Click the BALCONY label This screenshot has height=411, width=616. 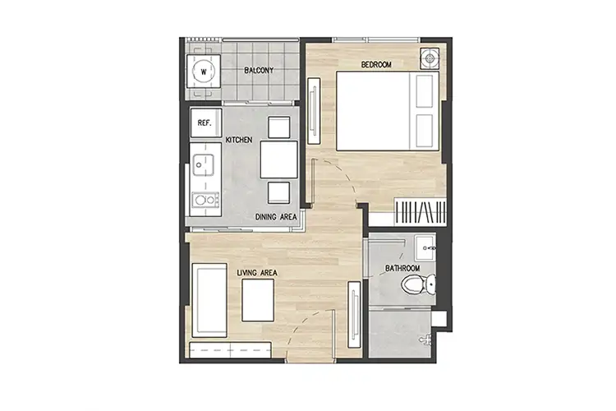click(259, 71)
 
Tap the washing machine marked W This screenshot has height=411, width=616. click(204, 72)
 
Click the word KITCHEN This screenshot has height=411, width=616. click(239, 140)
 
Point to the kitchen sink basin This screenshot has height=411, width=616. click(203, 164)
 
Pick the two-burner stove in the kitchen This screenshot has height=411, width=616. click(205, 200)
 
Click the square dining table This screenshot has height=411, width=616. click(279, 159)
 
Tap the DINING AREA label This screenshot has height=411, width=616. click(276, 217)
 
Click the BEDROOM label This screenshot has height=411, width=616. click(376, 64)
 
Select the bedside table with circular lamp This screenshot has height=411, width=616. click(430, 58)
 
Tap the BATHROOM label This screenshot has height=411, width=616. click(402, 268)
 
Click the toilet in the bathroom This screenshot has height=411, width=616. click(418, 284)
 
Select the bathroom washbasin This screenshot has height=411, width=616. click(425, 247)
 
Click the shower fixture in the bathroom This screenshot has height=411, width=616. click(425, 339)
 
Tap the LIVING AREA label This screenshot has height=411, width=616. click(257, 273)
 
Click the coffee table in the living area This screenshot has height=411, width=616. click(258, 300)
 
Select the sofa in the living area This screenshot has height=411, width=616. click(209, 300)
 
